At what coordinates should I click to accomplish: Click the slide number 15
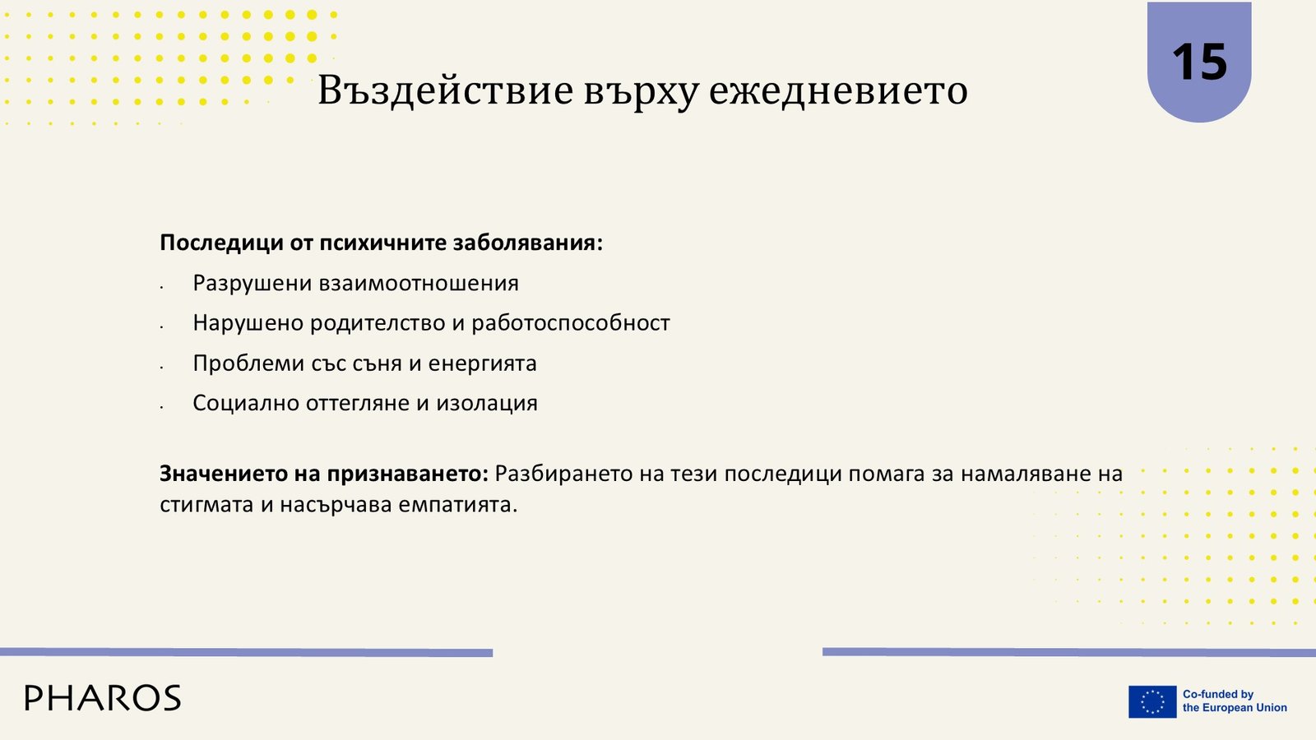pos(1199,62)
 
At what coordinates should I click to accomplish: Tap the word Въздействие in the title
pos(445,90)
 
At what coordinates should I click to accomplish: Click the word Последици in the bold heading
pos(221,243)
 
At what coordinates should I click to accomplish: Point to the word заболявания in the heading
pos(527,243)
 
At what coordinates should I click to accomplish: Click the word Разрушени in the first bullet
pos(253,284)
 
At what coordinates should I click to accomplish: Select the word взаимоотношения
pos(419,284)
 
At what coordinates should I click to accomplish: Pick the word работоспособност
pos(571,324)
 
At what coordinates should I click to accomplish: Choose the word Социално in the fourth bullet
pos(246,404)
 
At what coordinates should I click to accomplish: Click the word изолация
pos(486,404)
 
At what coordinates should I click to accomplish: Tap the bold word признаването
pos(408,474)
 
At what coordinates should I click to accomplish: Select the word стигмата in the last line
pos(206,505)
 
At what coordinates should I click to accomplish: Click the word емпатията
pos(457,505)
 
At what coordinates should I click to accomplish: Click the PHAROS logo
pos(103,698)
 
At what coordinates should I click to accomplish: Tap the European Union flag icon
pos(1152,702)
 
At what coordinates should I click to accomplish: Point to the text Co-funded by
pos(1218,694)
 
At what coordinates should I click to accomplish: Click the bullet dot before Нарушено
pos(161,327)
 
